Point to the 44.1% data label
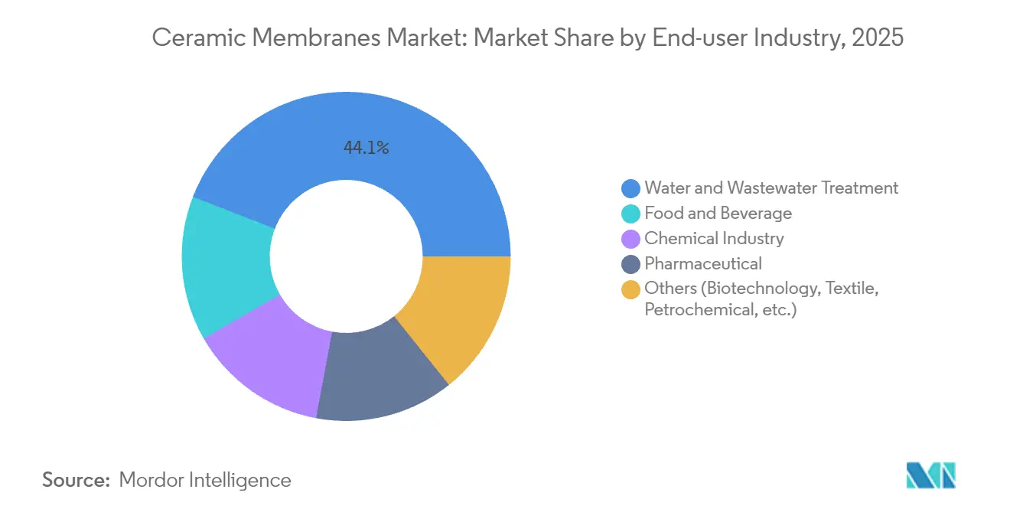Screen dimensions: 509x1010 [366, 148]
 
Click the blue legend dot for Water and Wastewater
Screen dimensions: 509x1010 [631, 188]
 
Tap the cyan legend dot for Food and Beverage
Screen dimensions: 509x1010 [631, 213]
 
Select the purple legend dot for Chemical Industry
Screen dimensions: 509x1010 [631, 238]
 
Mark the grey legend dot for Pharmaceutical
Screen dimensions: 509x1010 [631, 264]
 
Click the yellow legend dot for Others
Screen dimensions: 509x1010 [631, 289]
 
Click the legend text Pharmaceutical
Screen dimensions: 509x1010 [703, 264]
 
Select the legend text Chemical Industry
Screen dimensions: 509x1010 [714, 238]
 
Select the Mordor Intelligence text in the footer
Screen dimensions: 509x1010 [205, 480]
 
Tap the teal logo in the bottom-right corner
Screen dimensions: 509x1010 [930, 475]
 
